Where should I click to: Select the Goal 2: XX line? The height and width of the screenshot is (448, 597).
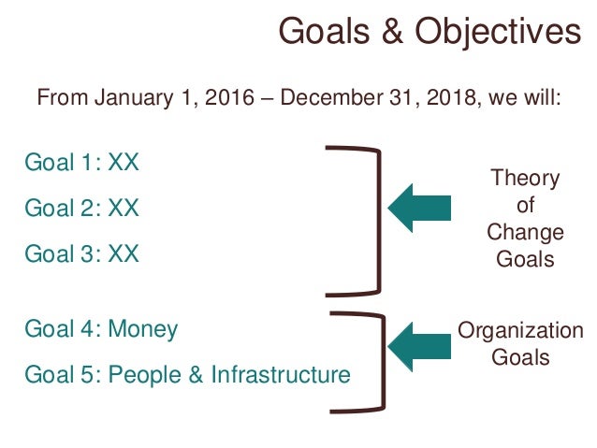click(x=81, y=207)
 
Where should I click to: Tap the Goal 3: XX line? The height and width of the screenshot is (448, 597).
click(x=81, y=253)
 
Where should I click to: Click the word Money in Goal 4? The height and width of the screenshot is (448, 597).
click(x=143, y=329)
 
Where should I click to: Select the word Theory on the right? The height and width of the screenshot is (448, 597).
click(x=525, y=179)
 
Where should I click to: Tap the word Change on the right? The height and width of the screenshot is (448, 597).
click(x=525, y=232)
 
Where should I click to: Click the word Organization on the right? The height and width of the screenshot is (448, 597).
click(x=520, y=331)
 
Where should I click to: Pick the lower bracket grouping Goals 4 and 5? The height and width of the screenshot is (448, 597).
click(x=377, y=361)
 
